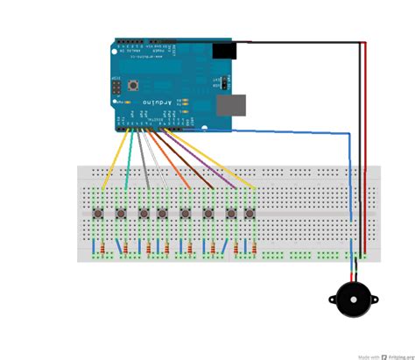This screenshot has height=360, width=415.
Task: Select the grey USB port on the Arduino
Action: point(233,104)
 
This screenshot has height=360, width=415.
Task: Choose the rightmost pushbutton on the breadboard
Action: point(250,213)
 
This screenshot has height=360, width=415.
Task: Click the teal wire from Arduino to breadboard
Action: point(129,162)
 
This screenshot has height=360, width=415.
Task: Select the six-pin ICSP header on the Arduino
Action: point(116,88)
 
